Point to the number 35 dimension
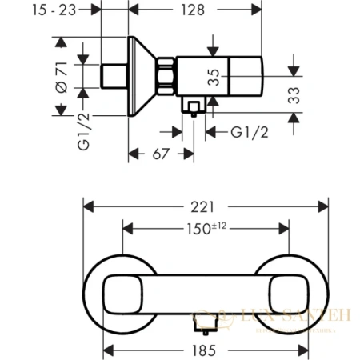coord(213,78)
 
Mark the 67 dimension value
coord(162,152)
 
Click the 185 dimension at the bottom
coord(206,348)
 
